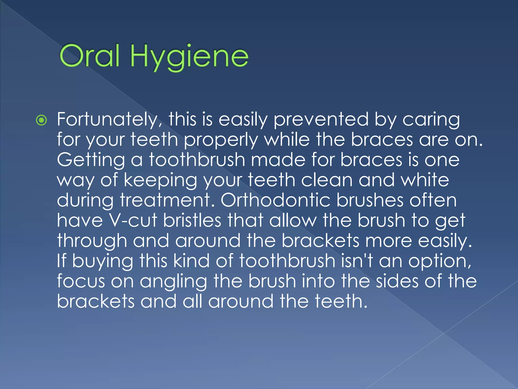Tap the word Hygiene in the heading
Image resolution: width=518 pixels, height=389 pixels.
(x=189, y=57)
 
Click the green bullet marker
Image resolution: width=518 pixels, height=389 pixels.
(x=41, y=121)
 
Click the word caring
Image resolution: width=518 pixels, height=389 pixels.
(x=431, y=120)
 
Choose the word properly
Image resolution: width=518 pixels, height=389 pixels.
(x=221, y=140)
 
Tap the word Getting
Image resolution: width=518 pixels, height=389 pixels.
(x=91, y=161)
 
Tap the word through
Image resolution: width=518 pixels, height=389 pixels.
(x=92, y=241)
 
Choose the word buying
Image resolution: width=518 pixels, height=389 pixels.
(x=102, y=261)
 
